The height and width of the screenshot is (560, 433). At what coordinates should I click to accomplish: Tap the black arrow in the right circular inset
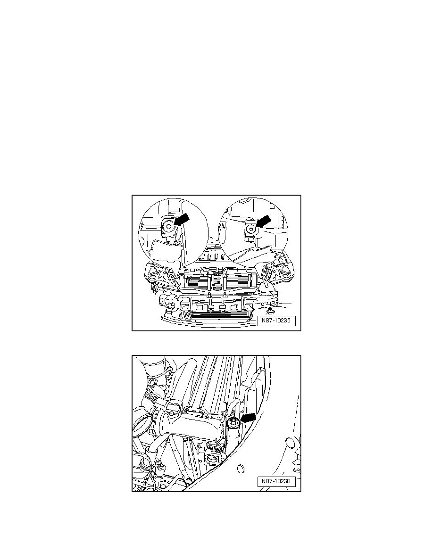[263, 221]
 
